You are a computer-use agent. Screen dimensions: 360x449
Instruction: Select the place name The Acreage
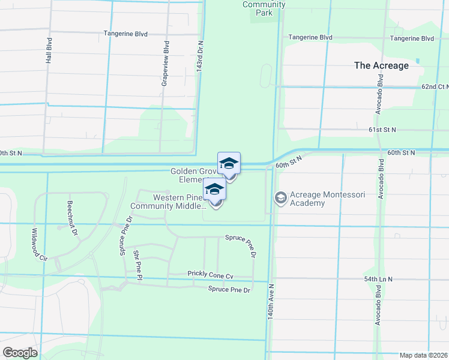(381, 65)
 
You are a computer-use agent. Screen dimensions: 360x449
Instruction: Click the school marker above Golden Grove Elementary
(229, 163)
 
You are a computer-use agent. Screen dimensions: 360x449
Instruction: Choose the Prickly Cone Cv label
(209, 274)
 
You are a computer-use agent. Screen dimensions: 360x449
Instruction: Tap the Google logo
(20, 353)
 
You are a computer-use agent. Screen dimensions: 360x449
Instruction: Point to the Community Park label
(264, 8)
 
